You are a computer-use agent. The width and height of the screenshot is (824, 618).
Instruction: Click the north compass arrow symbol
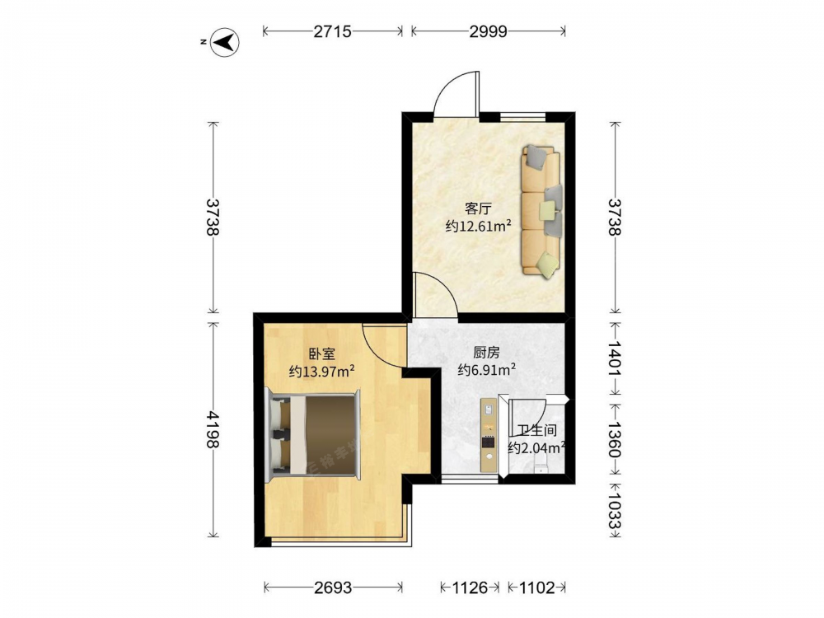click(225, 42)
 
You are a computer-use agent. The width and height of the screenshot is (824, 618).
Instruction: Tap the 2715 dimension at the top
click(332, 31)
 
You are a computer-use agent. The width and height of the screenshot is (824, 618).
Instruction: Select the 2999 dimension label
click(488, 31)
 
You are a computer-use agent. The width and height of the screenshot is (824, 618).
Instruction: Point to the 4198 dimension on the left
click(213, 429)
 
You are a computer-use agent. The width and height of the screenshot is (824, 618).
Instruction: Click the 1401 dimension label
click(615, 359)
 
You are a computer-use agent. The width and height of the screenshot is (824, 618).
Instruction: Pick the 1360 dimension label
click(615, 439)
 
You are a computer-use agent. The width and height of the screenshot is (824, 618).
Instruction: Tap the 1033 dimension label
click(615, 511)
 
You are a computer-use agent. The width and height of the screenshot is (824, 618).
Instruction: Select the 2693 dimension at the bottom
click(333, 587)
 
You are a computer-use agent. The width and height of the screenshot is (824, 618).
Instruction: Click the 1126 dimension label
click(471, 587)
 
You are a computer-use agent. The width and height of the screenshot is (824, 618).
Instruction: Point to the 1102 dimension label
click(537, 587)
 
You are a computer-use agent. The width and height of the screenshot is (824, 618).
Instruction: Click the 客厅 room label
click(478, 208)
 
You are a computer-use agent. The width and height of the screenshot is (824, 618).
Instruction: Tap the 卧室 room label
click(321, 354)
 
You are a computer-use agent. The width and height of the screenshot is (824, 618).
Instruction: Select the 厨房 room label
click(486, 353)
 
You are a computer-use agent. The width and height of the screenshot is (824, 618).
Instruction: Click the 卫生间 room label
click(536, 431)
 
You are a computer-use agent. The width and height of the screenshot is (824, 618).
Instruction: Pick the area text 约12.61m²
click(479, 226)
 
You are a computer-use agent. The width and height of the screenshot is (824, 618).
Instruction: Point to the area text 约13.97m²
click(321, 372)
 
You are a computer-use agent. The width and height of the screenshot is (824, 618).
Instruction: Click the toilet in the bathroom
click(541, 466)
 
